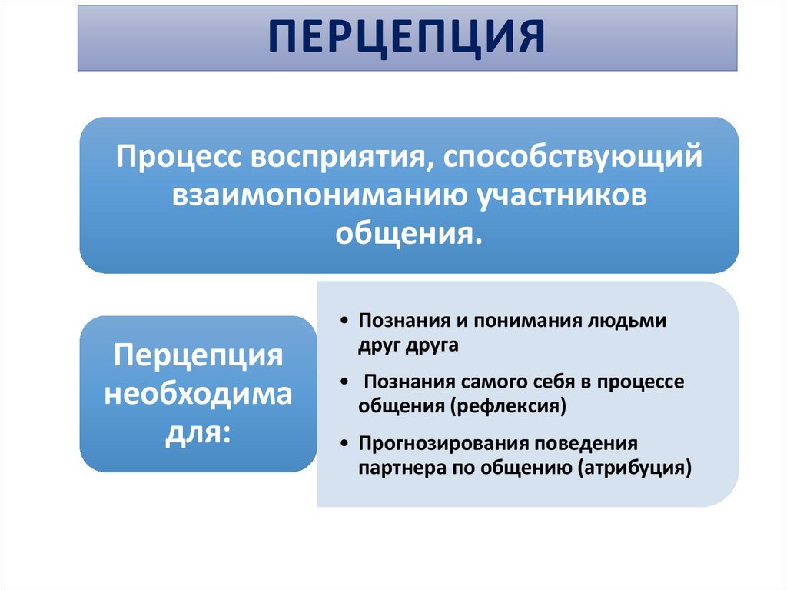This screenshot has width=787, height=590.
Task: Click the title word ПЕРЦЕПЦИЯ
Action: tap(407, 37)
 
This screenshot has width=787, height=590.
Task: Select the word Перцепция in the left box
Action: tap(198, 358)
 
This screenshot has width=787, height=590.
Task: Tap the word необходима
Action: tap(198, 395)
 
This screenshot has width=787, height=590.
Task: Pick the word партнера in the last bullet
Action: tap(393, 467)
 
